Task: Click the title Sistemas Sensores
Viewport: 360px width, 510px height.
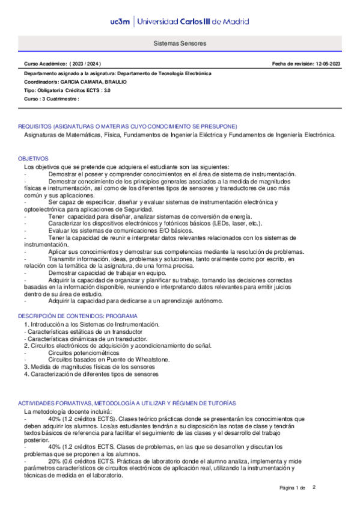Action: tap(180, 44)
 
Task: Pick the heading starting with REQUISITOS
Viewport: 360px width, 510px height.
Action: tap(127, 126)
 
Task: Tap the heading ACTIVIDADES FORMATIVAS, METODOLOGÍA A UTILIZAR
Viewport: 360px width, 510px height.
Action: tap(127, 402)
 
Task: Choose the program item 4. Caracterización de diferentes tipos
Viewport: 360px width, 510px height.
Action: tap(91, 373)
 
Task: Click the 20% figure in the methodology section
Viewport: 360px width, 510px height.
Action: tap(55, 462)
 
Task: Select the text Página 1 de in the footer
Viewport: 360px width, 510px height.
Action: tap(293, 487)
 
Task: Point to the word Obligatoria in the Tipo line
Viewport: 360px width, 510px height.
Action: tap(52, 90)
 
